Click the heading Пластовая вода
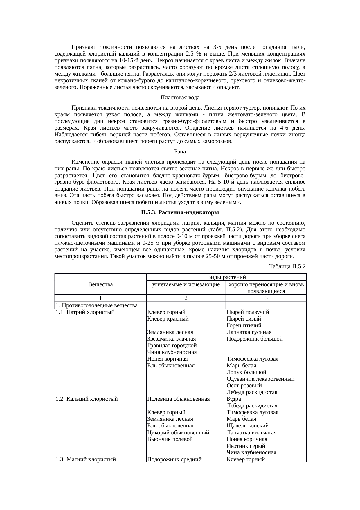pos(180,97)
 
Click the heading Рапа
pos(180,152)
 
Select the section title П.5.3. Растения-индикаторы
pos(180,213)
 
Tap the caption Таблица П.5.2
pos(287,266)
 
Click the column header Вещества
pos(100,284)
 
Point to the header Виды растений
pos(226,277)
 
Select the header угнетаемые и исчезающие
pos(186,284)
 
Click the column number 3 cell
pos(266,298)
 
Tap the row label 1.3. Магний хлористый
pos(86,459)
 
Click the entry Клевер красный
pos(168,319)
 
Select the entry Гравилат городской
pos(172,346)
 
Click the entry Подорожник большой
pos(255,339)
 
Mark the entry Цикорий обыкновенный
pos(178,433)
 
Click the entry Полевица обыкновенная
pos(179,399)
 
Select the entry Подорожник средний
pos(174,459)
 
